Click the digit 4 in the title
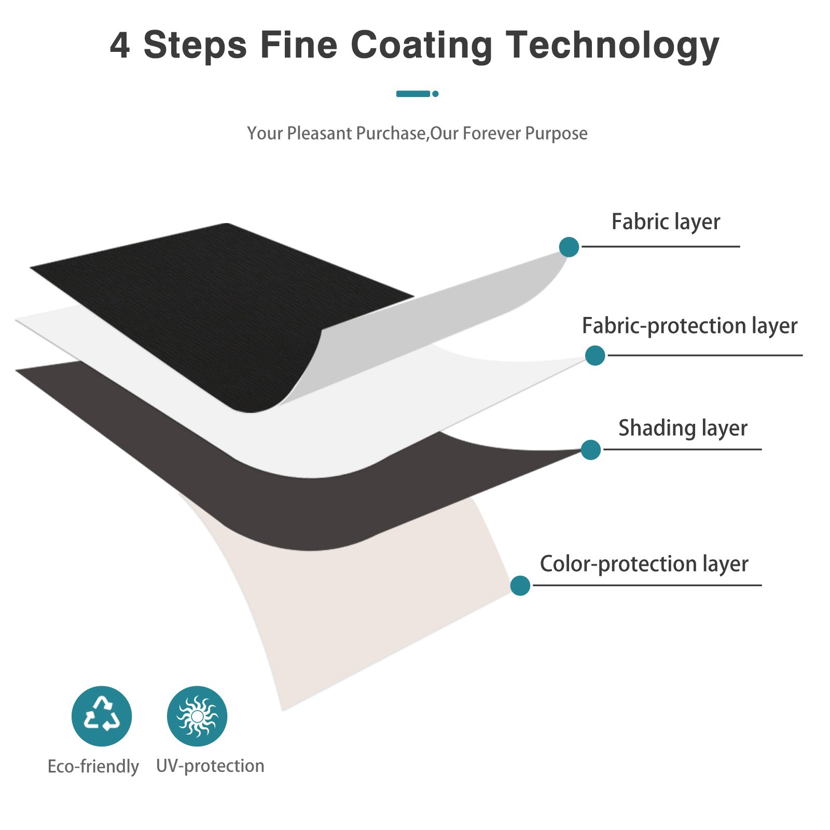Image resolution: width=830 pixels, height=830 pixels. pos(120,45)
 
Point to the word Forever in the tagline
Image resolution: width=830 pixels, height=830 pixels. pos(491,134)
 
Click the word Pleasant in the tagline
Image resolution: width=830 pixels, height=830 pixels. pos(320,134)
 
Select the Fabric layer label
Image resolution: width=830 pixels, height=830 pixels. pos(666,222)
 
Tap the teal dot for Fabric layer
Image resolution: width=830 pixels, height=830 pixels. pos(569,247)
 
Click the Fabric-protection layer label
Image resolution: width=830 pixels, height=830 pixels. pos(689,326)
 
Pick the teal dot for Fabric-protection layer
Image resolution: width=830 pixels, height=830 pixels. pos(595,355)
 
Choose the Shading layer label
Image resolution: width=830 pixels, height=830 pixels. pos(683,428)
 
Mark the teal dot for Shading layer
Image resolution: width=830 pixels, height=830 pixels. pos(591,450)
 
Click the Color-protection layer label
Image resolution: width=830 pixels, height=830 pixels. pos(644,564)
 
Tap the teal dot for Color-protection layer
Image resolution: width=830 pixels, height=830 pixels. pos(520,586)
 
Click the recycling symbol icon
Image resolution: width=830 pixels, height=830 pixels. pos(102,716)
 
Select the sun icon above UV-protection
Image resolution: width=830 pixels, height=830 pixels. pos(197,716)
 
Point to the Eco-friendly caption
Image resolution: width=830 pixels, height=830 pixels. pos(93,767)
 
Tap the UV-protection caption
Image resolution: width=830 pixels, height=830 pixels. pos(210,766)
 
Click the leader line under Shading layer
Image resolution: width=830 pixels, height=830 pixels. pos(682,449)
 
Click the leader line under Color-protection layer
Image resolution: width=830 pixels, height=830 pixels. pos(647,585)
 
